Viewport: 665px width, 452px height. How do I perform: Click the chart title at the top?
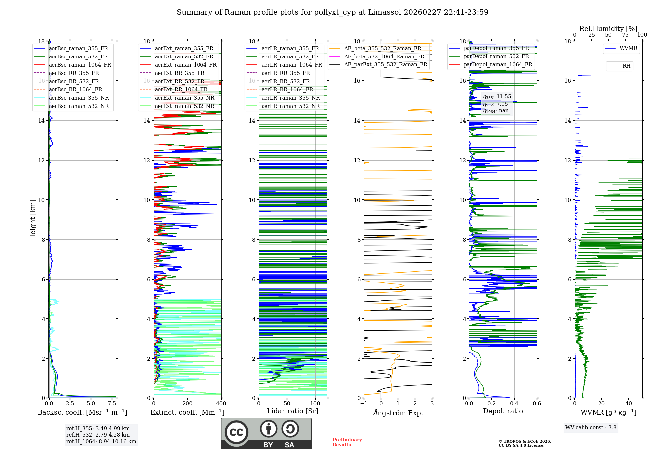pos(332,12)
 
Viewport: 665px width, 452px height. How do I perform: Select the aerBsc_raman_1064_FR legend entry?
pos(80,65)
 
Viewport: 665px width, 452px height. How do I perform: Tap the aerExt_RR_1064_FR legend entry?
pos(181,89)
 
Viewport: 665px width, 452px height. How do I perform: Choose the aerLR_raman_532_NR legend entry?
pos(290,106)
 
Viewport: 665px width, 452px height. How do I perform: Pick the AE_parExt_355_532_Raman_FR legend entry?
pos(385,64)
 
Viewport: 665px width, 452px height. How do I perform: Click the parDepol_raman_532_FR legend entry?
pos(496,56)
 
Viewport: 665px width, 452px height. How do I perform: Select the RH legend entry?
pos(626,66)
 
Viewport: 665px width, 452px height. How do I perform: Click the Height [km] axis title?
pos(33,220)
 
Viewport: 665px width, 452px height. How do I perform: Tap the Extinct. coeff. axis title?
pos(188,412)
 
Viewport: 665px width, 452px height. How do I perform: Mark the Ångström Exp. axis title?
pos(398,413)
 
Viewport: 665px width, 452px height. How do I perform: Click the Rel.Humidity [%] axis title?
pos(608,29)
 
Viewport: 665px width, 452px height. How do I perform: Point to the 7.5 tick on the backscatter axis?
pos(112,404)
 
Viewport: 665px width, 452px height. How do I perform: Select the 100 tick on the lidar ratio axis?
pos(315,404)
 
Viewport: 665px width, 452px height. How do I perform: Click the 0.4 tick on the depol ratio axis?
pos(514,404)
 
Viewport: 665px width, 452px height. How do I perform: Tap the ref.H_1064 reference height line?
pos(101,442)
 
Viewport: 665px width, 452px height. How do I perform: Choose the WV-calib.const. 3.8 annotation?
pos(591,428)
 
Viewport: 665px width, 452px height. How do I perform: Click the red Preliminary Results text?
pos(347,442)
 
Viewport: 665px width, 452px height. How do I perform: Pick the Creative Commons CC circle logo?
pos(236,432)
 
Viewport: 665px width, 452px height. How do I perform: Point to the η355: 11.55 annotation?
pos(497,97)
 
